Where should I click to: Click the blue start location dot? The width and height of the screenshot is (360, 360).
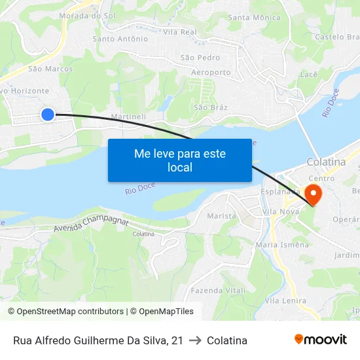pyautogui.click(x=47, y=115)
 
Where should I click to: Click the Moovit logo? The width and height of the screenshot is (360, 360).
pyautogui.click(x=321, y=339)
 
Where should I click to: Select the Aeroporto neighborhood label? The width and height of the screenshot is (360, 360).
pyautogui.click(x=211, y=72)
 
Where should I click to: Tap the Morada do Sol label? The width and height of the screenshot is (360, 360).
pyautogui.click(x=83, y=15)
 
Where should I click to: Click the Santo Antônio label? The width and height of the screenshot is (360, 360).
pyautogui.click(x=120, y=39)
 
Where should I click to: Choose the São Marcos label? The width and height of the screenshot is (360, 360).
pyautogui.click(x=50, y=68)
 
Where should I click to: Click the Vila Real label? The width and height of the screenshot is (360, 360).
pyautogui.click(x=180, y=31)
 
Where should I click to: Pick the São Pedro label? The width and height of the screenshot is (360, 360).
pyautogui.click(x=200, y=58)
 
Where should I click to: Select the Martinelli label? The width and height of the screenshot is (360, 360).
pyautogui.click(x=128, y=116)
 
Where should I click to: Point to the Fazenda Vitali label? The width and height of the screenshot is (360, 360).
pyautogui.click(x=219, y=290)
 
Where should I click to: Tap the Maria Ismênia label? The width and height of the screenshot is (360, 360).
pyautogui.click(x=282, y=244)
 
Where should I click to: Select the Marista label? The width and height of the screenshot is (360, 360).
pyautogui.click(x=221, y=215)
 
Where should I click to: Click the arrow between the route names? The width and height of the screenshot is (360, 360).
pyautogui.click(x=195, y=340)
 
